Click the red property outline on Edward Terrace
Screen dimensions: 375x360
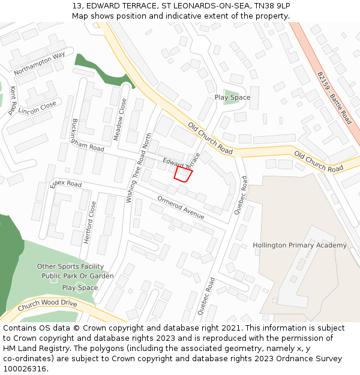(183, 174)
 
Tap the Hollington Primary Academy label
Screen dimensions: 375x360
(299, 245)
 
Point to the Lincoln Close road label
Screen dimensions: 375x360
(37, 107)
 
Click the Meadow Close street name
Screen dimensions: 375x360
(120, 119)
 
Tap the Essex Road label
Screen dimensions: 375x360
(66, 183)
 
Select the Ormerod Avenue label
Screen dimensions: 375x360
(181, 207)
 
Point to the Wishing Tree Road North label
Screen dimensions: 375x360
(137, 167)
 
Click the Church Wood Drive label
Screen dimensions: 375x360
(47, 306)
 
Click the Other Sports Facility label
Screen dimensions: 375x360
(70, 266)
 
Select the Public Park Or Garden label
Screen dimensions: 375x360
(77, 276)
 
